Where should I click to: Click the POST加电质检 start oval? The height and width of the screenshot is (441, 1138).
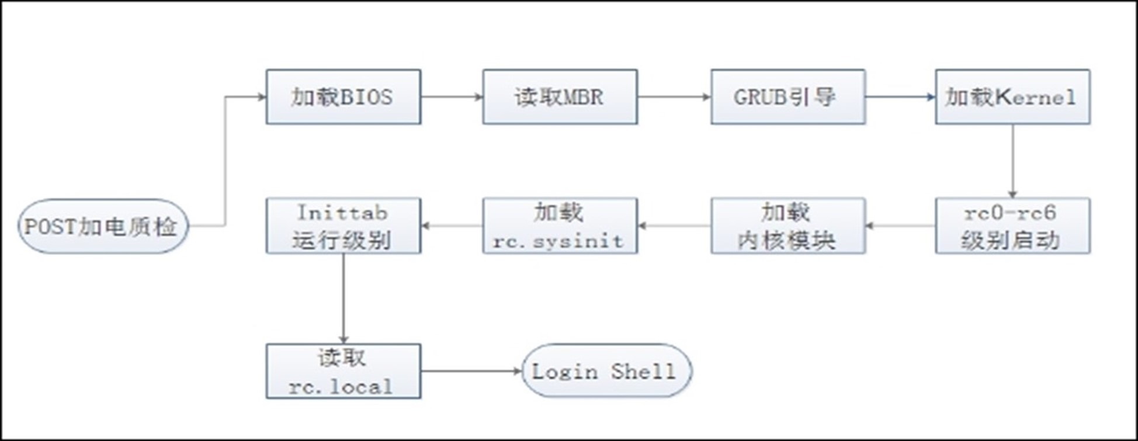103,226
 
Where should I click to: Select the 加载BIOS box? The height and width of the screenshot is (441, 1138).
343,97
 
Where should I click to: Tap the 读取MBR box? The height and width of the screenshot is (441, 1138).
560,97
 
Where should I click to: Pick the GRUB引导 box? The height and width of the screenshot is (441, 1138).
787,97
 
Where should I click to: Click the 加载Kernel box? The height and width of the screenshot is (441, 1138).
1012,97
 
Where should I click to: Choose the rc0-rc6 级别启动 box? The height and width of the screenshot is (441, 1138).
1012,226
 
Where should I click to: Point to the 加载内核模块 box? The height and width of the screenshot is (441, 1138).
787,226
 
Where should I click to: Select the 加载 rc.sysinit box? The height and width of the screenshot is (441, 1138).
560,226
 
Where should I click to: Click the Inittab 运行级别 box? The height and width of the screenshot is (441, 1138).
343,226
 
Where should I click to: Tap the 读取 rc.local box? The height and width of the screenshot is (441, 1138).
343,371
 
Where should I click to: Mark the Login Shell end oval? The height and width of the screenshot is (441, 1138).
606,371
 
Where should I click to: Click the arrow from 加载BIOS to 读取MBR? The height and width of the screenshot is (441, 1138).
452,97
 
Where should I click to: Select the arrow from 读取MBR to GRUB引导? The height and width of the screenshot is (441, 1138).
674,97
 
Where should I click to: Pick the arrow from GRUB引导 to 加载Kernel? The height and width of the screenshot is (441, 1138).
900,97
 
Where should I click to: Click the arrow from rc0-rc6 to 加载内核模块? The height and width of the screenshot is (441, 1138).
900,226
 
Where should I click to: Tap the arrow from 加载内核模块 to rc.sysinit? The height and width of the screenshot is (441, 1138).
674,226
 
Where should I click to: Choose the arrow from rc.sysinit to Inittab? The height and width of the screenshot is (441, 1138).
452,226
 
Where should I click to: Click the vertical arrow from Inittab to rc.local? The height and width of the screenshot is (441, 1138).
344,298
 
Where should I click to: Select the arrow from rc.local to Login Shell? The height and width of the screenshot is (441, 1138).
470,371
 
